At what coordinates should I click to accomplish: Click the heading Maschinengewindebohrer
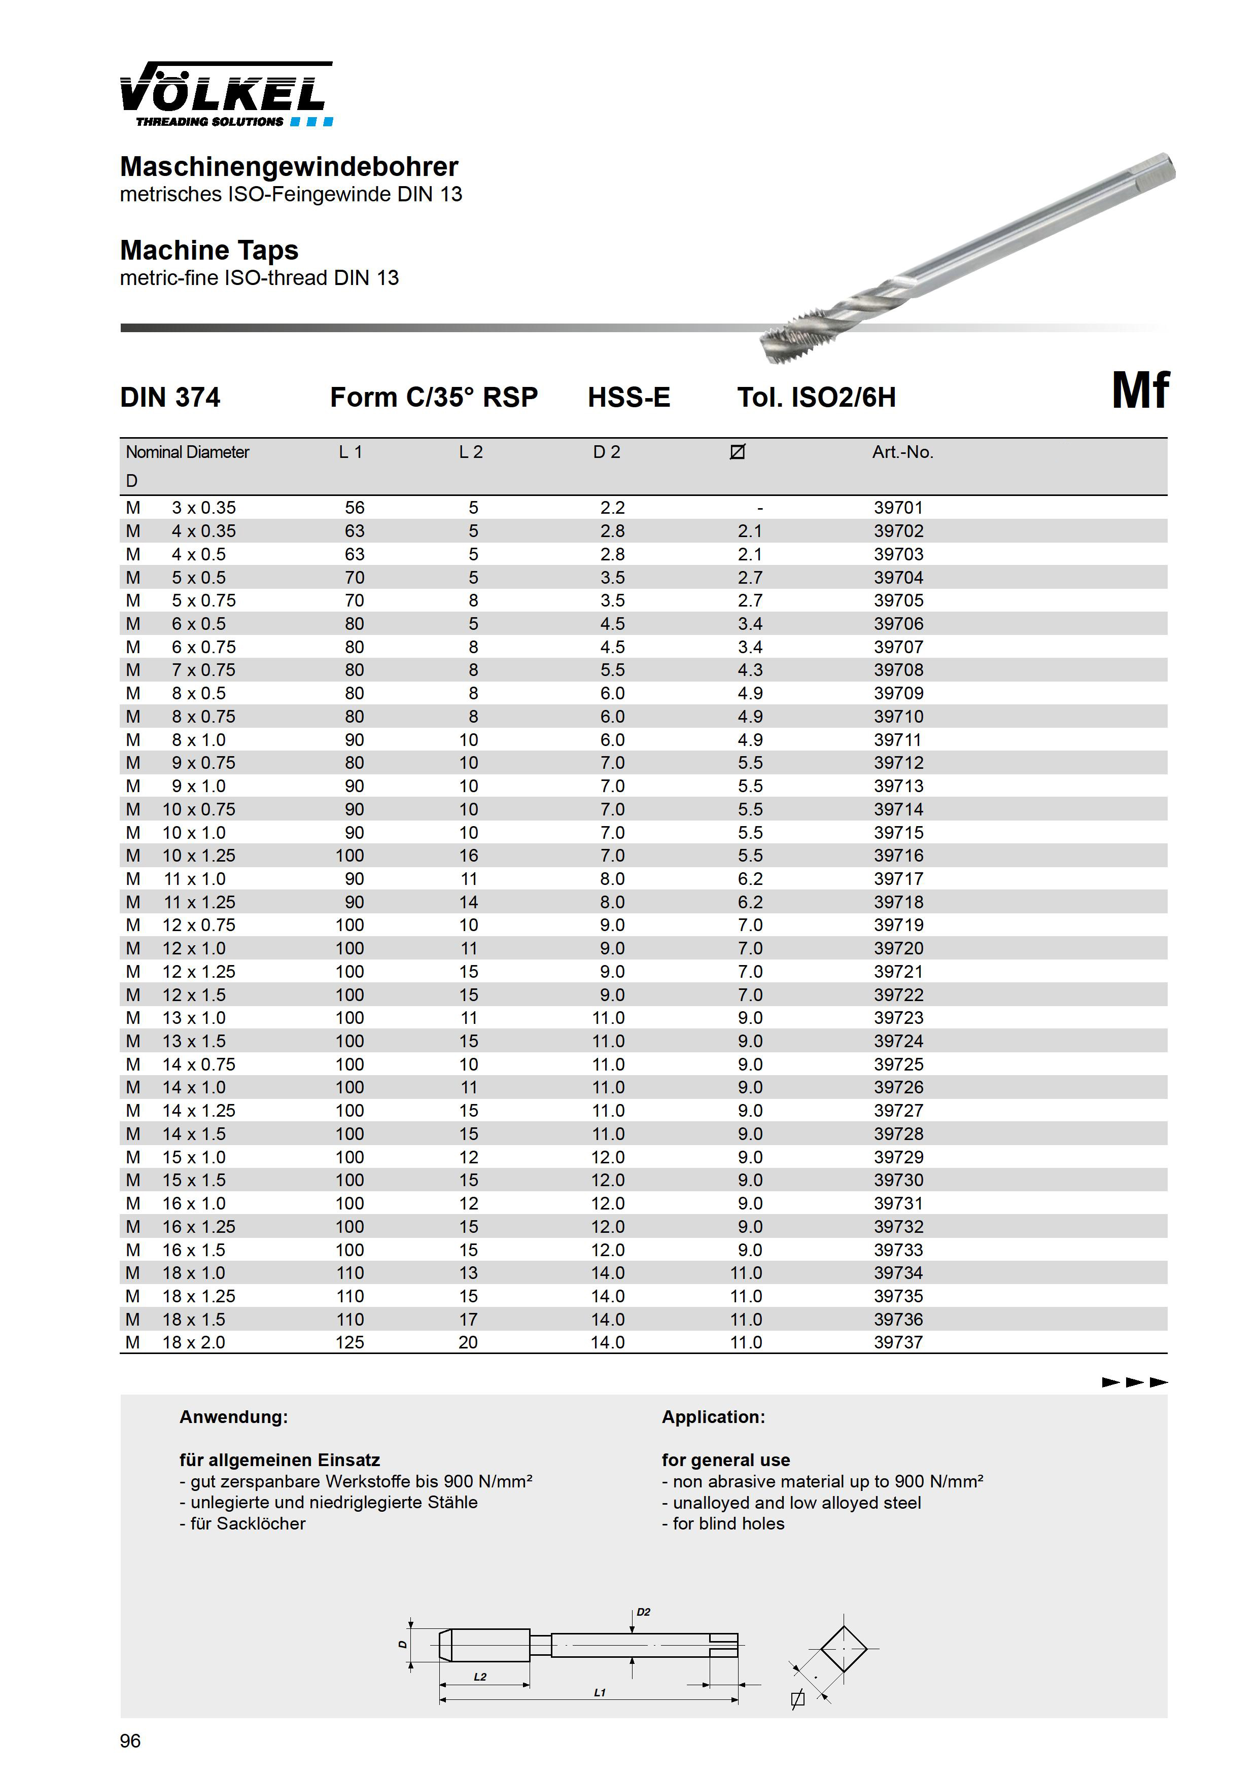pyautogui.click(x=289, y=166)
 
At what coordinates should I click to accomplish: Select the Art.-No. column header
pyautogui.click(x=902, y=452)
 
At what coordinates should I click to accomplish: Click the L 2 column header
pyautogui.click(x=471, y=452)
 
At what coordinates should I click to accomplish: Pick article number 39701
pyautogui.click(x=898, y=508)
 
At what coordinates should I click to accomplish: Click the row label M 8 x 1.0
pyautogui.click(x=177, y=740)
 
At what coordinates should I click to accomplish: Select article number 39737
pyautogui.click(x=898, y=1343)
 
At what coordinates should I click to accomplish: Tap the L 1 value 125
pyautogui.click(x=350, y=1343)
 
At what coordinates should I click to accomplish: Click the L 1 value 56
pyautogui.click(x=354, y=508)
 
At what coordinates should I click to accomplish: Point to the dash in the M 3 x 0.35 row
pyautogui.click(x=759, y=508)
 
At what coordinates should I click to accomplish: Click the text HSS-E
pyautogui.click(x=628, y=398)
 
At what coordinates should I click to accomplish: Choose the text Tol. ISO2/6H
pyautogui.click(x=816, y=398)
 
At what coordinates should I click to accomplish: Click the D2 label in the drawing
pyautogui.click(x=643, y=1613)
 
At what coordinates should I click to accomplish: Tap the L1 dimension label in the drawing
pyautogui.click(x=599, y=1693)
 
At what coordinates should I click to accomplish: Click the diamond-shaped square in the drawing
pyautogui.click(x=844, y=1649)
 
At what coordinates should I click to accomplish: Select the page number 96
pyautogui.click(x=130, y=1741)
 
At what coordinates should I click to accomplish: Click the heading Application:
pyautogui.click(x=713, y=1417)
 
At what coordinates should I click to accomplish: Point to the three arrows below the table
pyautogui.click(x=1135, y=1382)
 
